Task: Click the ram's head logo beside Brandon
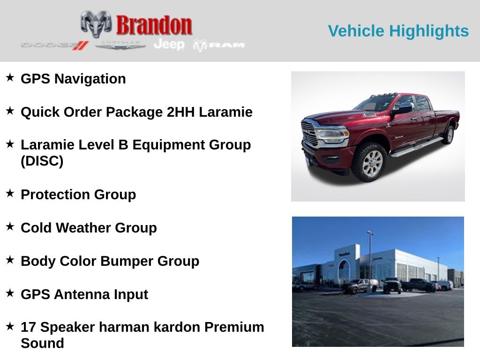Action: click(96, 24)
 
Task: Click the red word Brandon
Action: click(154, 25)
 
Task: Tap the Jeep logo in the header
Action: click(169, 45)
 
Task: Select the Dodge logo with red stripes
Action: click(55, 45)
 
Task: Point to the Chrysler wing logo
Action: click(120, 45)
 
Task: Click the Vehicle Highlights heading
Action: click(398, 31)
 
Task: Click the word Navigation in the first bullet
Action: click(90, 79)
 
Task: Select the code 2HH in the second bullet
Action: click(180, 112)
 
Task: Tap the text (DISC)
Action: click(42, 161)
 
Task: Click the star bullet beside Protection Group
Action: click(10, 193)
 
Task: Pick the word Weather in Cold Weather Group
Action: click(83, 228)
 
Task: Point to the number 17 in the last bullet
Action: click(29, 327)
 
